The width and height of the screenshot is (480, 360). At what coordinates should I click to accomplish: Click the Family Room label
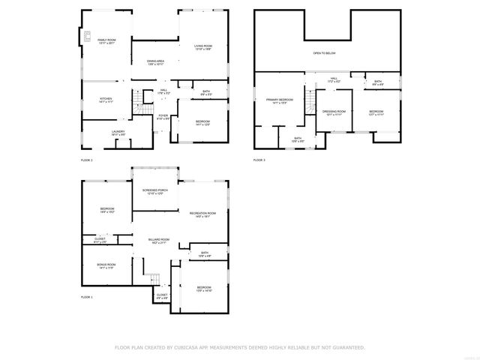[106, 40]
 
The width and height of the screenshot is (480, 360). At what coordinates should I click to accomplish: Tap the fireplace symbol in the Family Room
[87, 34]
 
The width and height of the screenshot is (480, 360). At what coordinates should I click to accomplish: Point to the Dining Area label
[155, 62]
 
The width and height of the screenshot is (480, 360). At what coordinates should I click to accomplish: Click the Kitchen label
[106, 100]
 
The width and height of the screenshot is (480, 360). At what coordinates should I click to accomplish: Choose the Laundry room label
[118, 133]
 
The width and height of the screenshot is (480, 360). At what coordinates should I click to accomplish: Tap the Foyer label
[163, 116]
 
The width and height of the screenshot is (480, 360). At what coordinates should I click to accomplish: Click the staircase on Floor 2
[138, 108]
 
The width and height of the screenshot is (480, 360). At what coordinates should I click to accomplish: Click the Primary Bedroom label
[279, 100]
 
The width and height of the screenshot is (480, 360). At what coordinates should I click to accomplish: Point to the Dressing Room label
[333, 112]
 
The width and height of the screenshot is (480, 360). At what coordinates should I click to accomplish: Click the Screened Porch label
[155, 192]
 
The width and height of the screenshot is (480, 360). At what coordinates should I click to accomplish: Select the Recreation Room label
[202, 214]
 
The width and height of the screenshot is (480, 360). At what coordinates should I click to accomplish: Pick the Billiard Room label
[158, 241]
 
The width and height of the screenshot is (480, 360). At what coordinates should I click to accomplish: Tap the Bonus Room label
[106, 265]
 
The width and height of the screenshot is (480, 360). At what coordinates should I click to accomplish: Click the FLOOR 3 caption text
[259, 160]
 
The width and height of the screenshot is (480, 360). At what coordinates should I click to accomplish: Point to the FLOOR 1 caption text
[86, 298]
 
